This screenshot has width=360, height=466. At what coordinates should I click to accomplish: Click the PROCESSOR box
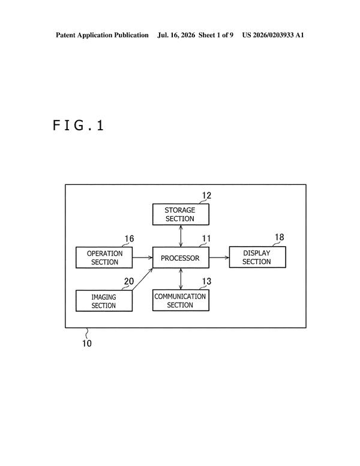pos(181,258)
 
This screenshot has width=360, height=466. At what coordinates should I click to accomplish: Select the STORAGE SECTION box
pos(181,214)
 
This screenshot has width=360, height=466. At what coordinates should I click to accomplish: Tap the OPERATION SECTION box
pos(104,258)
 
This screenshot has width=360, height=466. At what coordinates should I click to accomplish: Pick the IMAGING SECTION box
pos(104,301)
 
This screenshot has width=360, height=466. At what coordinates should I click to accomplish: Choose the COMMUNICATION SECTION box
pos(181,300)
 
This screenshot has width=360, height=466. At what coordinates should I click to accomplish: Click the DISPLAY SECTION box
pos(257,257)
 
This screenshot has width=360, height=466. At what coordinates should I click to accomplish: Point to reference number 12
pos(206,196)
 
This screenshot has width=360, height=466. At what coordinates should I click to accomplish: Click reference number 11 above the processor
pos(206,238)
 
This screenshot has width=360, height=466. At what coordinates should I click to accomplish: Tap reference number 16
pos(129,238)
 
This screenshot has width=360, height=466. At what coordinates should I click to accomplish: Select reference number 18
pos(280,237)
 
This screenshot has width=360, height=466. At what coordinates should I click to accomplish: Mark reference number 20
pos(129,281)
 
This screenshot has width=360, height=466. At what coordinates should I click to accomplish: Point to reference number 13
pos(206,281)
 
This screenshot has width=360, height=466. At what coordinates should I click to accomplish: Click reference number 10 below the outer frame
pos(87,343)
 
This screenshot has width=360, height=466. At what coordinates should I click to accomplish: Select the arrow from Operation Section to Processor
pos(142,258)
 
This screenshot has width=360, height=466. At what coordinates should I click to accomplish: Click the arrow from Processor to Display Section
pos(219,258)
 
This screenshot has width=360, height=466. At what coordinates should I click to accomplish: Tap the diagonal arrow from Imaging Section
pos(142,279)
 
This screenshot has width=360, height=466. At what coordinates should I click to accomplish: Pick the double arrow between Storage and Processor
pos(181,236)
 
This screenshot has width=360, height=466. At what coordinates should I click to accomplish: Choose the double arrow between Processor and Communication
pos(181,279)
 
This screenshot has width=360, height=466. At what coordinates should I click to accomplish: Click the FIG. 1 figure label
pos(79,126)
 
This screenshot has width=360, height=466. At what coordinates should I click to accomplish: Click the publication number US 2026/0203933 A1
pos(273,35)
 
